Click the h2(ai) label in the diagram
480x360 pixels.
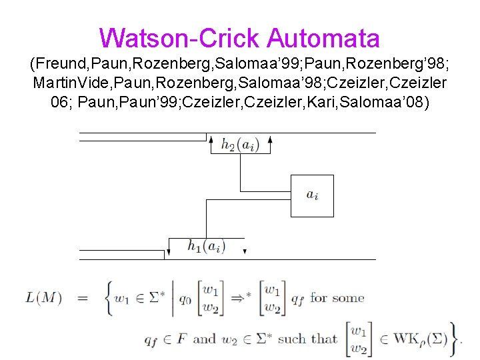[x=240, y=145]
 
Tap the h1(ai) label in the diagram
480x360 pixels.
[x=206, y=247]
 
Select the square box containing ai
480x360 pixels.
[x=312, y=195]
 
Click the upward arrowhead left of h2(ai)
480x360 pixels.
[x=211, y=141]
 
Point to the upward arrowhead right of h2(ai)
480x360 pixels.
[x=269, y=141]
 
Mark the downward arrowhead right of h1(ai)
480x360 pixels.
[x=245, y=251]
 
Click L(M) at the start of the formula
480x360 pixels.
[x=43, y=298]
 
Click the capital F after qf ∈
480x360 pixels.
[x=182, y=339]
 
